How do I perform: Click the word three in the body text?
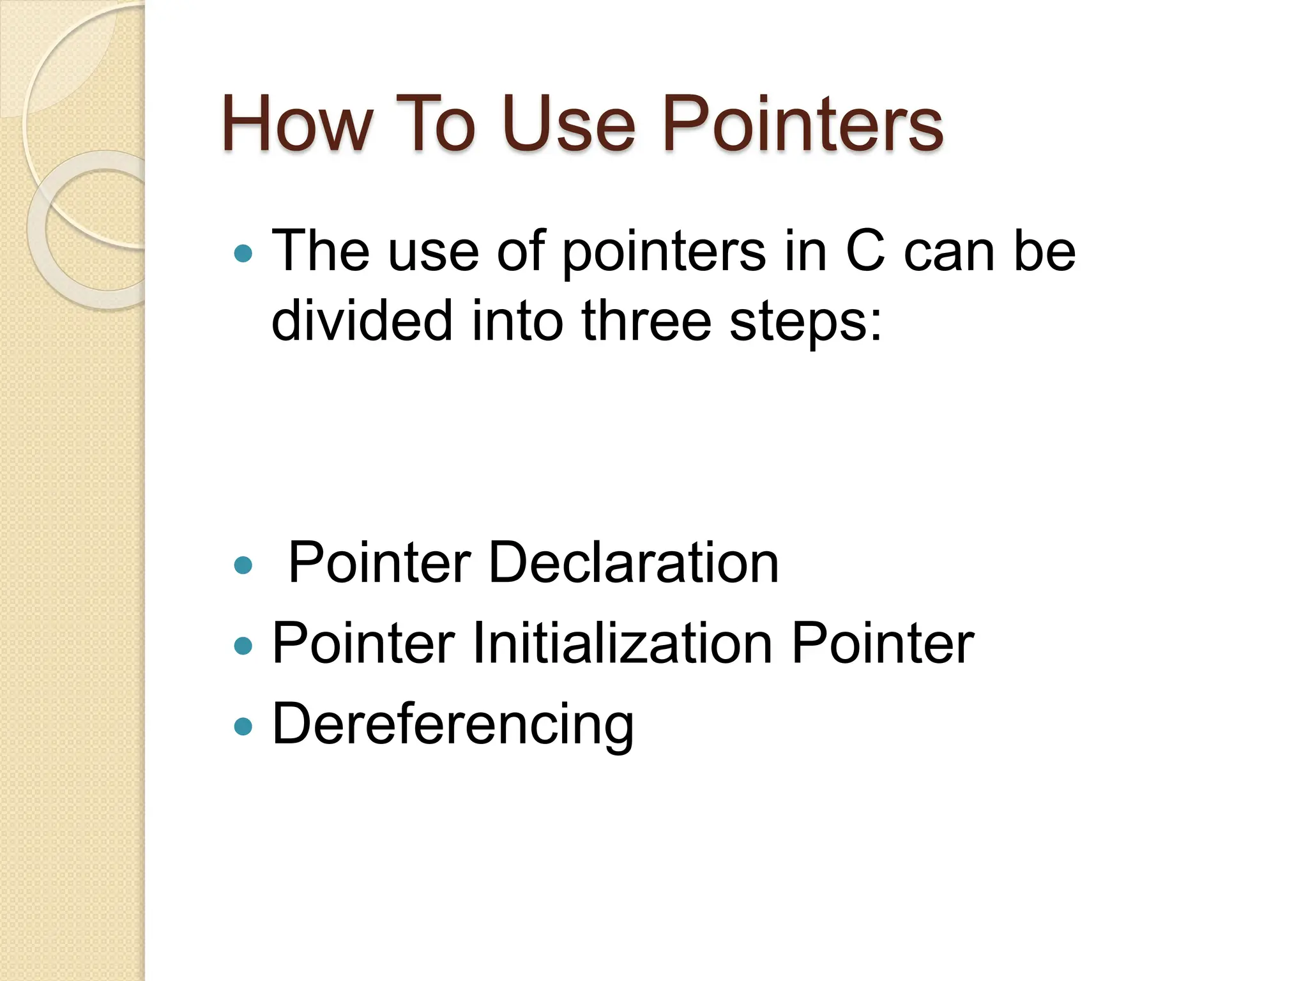pyautogui.click(x=646, y=321)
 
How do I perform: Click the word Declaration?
pyautogui.click(x=634, y=563)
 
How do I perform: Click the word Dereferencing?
pyautogui.click(x=453, y=726)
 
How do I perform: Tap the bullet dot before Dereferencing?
pyautogui.click(x=243, y=726)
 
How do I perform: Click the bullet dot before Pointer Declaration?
pyautogui.click(x=243, y=565)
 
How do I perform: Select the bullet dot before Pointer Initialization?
pyautogui.click(x=243, y=646)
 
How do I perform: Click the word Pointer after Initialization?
pyautogui.click(x=883, y=643)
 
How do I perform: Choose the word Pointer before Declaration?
pyautogui.click(x=379, y=563)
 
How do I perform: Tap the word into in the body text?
pyautogui.click(x=517, y=321)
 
